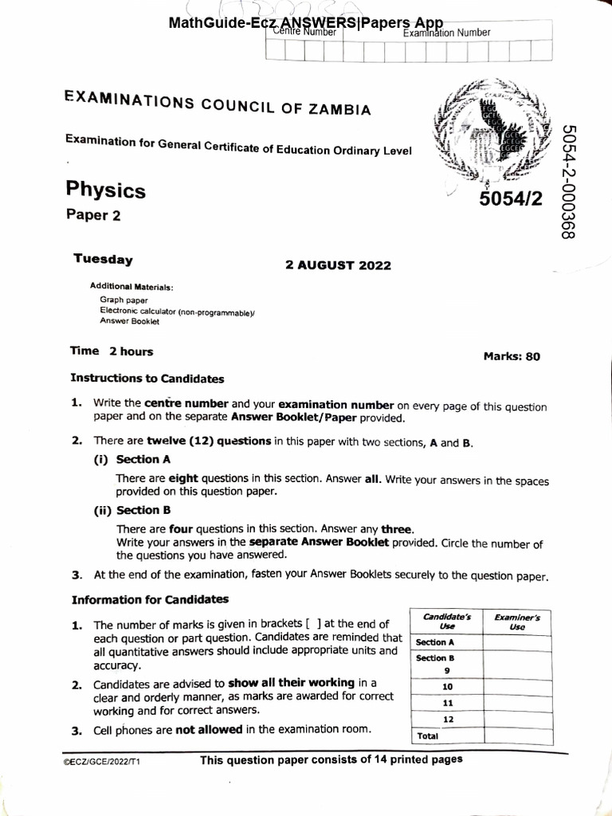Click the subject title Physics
105,190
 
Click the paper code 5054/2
510,199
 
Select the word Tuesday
103,258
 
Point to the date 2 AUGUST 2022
338,265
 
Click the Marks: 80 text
511,356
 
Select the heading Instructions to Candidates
147,379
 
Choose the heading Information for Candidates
150,599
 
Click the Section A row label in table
435,641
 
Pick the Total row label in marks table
428,736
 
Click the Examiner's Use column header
516,622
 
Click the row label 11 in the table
446,704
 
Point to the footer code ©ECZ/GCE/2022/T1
102,762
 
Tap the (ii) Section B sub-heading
132,510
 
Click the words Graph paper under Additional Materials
119,300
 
